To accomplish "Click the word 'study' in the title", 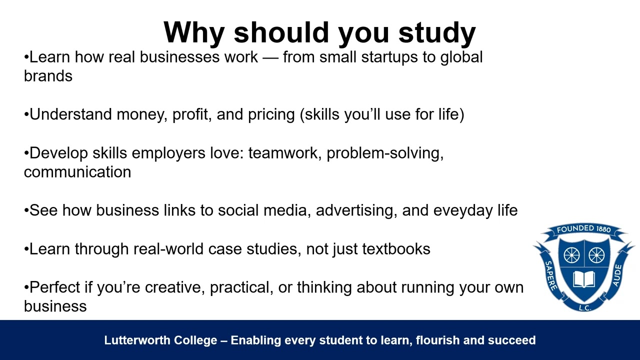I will tap(436, 33).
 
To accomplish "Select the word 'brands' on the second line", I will tap(48, 76).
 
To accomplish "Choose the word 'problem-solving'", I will tap(384, 153).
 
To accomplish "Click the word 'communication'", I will tap(77, 172).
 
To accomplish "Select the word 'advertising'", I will tap(356, 210).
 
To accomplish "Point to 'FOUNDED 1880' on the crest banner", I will tap(584, 229).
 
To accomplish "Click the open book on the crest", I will tap(584, 278).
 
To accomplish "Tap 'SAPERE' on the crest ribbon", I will tap(550, 275).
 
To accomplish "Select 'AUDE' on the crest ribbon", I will tap(617, 275).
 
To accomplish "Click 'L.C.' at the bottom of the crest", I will tap(584, 307).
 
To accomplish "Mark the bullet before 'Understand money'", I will tap(26, 115).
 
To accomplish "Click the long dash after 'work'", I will tap(270, 57).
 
